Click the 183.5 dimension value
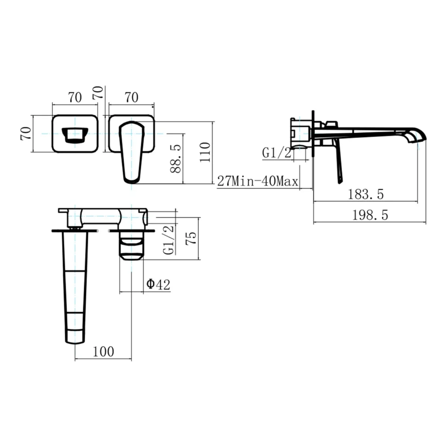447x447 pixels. click(366, 194)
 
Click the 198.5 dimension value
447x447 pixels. click(370, 215)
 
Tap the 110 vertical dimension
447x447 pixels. click(205, 152)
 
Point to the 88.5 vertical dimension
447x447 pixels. click(176, 159)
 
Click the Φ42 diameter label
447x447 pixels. click(158, 285)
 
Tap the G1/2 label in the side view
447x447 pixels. click(276, 152)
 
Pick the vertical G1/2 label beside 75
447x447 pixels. click(169, 240)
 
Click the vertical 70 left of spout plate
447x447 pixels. click(26, 133)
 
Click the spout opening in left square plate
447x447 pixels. click(75, 134)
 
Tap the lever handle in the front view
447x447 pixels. click(131, 153)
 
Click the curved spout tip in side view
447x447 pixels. click(416, 136)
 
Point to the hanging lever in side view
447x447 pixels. click(338, 162)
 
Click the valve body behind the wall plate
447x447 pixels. click(300, 133)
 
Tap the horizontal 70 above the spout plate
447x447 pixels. click(75, 98)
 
